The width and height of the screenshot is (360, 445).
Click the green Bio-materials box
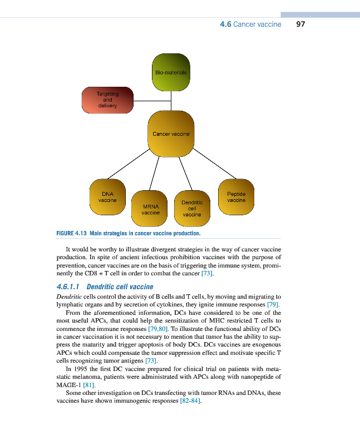(171, 72)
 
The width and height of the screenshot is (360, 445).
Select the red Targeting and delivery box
(108, 101)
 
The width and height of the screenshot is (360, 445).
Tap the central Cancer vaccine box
(171, 133)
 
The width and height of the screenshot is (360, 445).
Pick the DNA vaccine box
(107, 197)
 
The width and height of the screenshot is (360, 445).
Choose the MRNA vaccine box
(151, 209)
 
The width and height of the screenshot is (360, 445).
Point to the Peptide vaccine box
(236, 197)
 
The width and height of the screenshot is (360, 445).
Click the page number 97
(301, 24)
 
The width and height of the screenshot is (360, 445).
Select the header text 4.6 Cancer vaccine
(251, 24)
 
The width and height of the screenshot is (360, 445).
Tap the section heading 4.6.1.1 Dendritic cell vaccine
(105, 286)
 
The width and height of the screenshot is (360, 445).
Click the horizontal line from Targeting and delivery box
(152, 101)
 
